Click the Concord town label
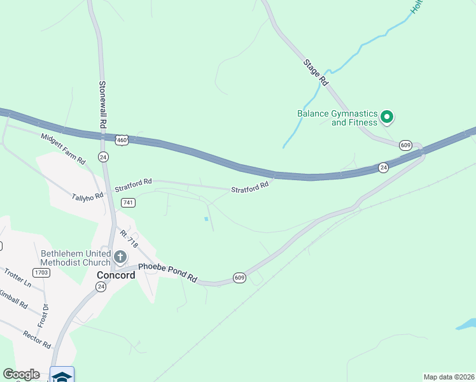[116, 275]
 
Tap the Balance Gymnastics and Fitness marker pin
[386, 117]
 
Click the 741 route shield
[129, 202]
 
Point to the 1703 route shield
[41, 272]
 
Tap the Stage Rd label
[316, 73]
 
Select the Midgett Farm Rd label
[63, 149]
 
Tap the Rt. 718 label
[129, 239]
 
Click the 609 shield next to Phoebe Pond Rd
[239, 278]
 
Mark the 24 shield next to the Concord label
[101, 287]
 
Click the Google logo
[22, 374]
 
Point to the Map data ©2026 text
[448, 377]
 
